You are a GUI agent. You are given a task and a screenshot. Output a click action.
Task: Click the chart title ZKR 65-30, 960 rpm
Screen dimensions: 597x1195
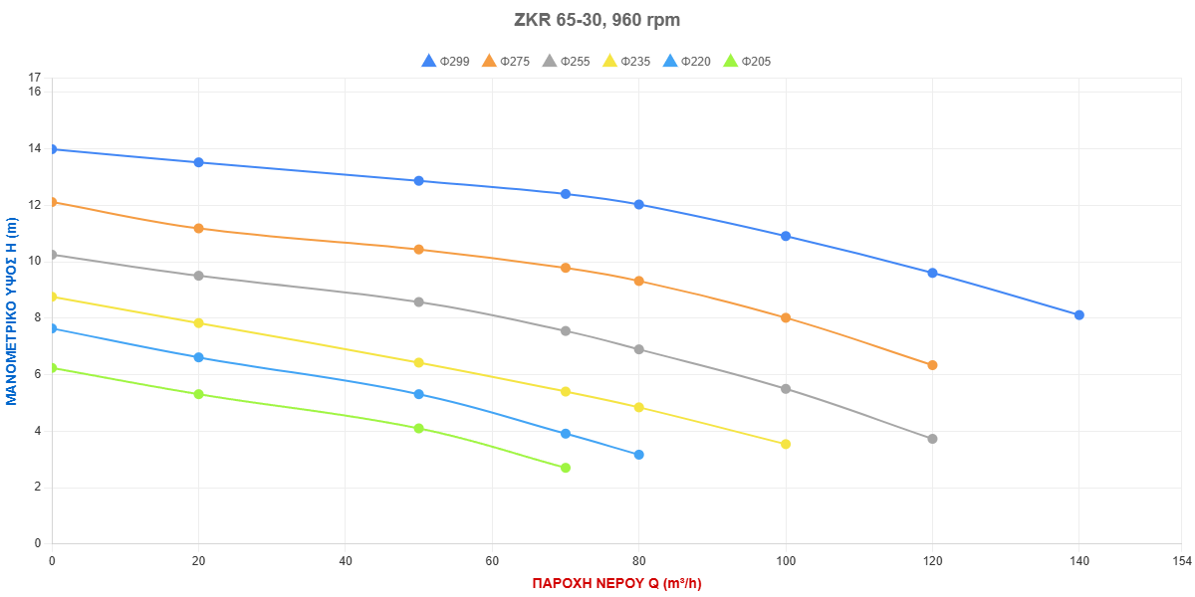(597, 20)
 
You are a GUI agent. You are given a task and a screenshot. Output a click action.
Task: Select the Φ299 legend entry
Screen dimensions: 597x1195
(446, 62)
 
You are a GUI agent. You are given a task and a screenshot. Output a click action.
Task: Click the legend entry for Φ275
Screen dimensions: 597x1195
(506, 62)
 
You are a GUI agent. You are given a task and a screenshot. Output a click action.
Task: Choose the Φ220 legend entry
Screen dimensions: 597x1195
(686, 62)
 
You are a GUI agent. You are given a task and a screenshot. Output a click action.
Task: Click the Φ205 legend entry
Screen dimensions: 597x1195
(746, 62)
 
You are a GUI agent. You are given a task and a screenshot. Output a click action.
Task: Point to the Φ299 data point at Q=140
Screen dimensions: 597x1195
(1078, 314)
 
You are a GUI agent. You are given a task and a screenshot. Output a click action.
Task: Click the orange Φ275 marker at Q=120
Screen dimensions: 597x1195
(932, 365)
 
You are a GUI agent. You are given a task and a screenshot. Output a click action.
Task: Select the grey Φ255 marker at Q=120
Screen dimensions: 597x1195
(932, 439)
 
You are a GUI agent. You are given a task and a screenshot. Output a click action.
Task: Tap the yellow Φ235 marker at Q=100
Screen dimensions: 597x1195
(786, 444)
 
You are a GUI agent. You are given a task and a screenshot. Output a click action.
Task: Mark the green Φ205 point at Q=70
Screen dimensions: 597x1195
(566, 468)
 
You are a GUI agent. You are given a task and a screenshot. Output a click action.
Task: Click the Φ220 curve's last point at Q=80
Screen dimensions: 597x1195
(638, 455)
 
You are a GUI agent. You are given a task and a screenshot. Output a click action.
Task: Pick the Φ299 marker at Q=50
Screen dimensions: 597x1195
(418, 181)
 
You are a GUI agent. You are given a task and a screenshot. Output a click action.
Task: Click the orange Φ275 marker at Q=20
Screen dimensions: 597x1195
(198, 228)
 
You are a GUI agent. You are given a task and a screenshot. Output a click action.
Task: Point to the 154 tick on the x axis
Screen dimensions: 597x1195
(1181, 562)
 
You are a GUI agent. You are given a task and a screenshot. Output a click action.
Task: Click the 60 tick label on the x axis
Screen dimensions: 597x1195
(492, 562)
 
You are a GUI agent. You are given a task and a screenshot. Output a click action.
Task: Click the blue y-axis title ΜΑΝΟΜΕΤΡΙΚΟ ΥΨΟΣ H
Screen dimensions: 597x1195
(12, 311)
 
